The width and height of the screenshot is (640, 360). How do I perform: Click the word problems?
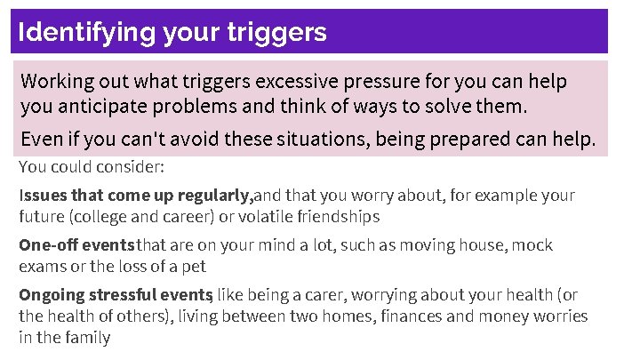pyautogui.click(x=212, y=108)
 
